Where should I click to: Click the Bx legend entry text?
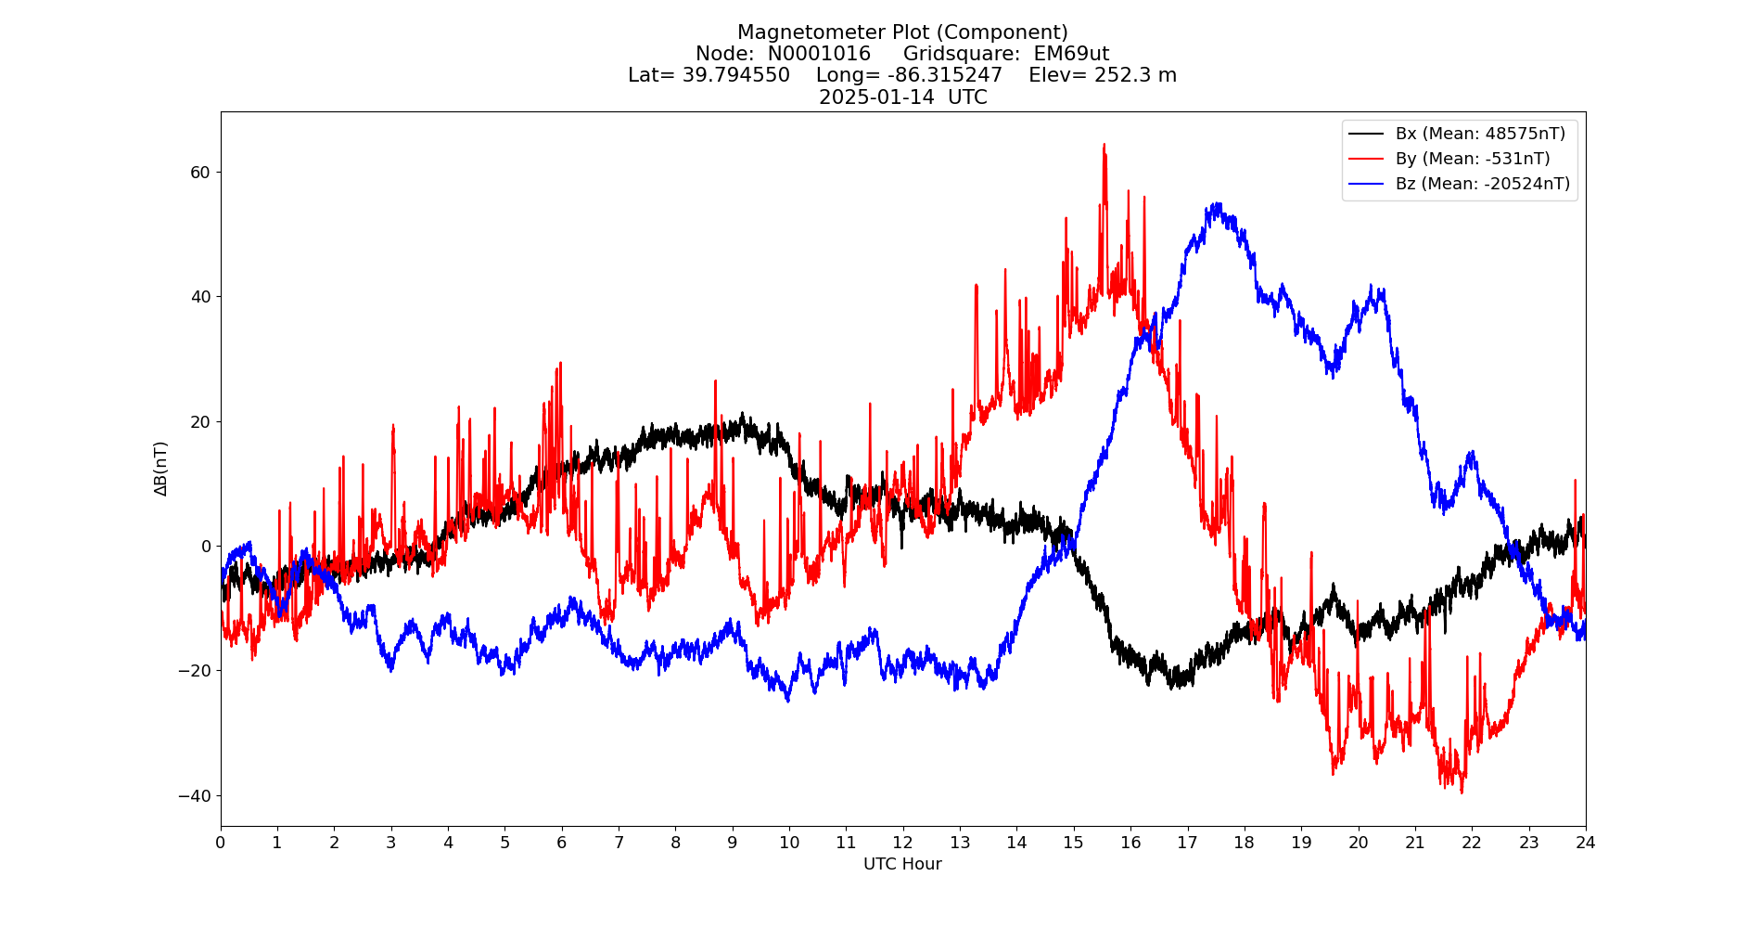click(1480, 134)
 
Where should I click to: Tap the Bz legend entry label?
click(1483, 184)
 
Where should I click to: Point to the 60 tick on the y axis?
click(200, 173)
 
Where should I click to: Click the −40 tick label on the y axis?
click(195, 796)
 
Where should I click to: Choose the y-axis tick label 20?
click(200, 422)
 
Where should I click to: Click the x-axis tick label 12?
click(902, 843)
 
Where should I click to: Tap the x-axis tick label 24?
click(1586, 843)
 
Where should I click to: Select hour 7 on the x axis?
click(619, 843)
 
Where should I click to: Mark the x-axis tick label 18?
click(1244, 843)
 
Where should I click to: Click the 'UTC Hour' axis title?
click(902, 865)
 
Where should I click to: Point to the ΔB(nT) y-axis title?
click(161, 469)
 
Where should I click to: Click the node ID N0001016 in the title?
click(819, 54)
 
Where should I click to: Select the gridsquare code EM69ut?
click(1071, 54)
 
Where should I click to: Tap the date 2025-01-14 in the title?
click(876, 97)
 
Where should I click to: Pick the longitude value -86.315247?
click(945, 75)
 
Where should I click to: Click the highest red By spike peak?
click(1104, 145)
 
